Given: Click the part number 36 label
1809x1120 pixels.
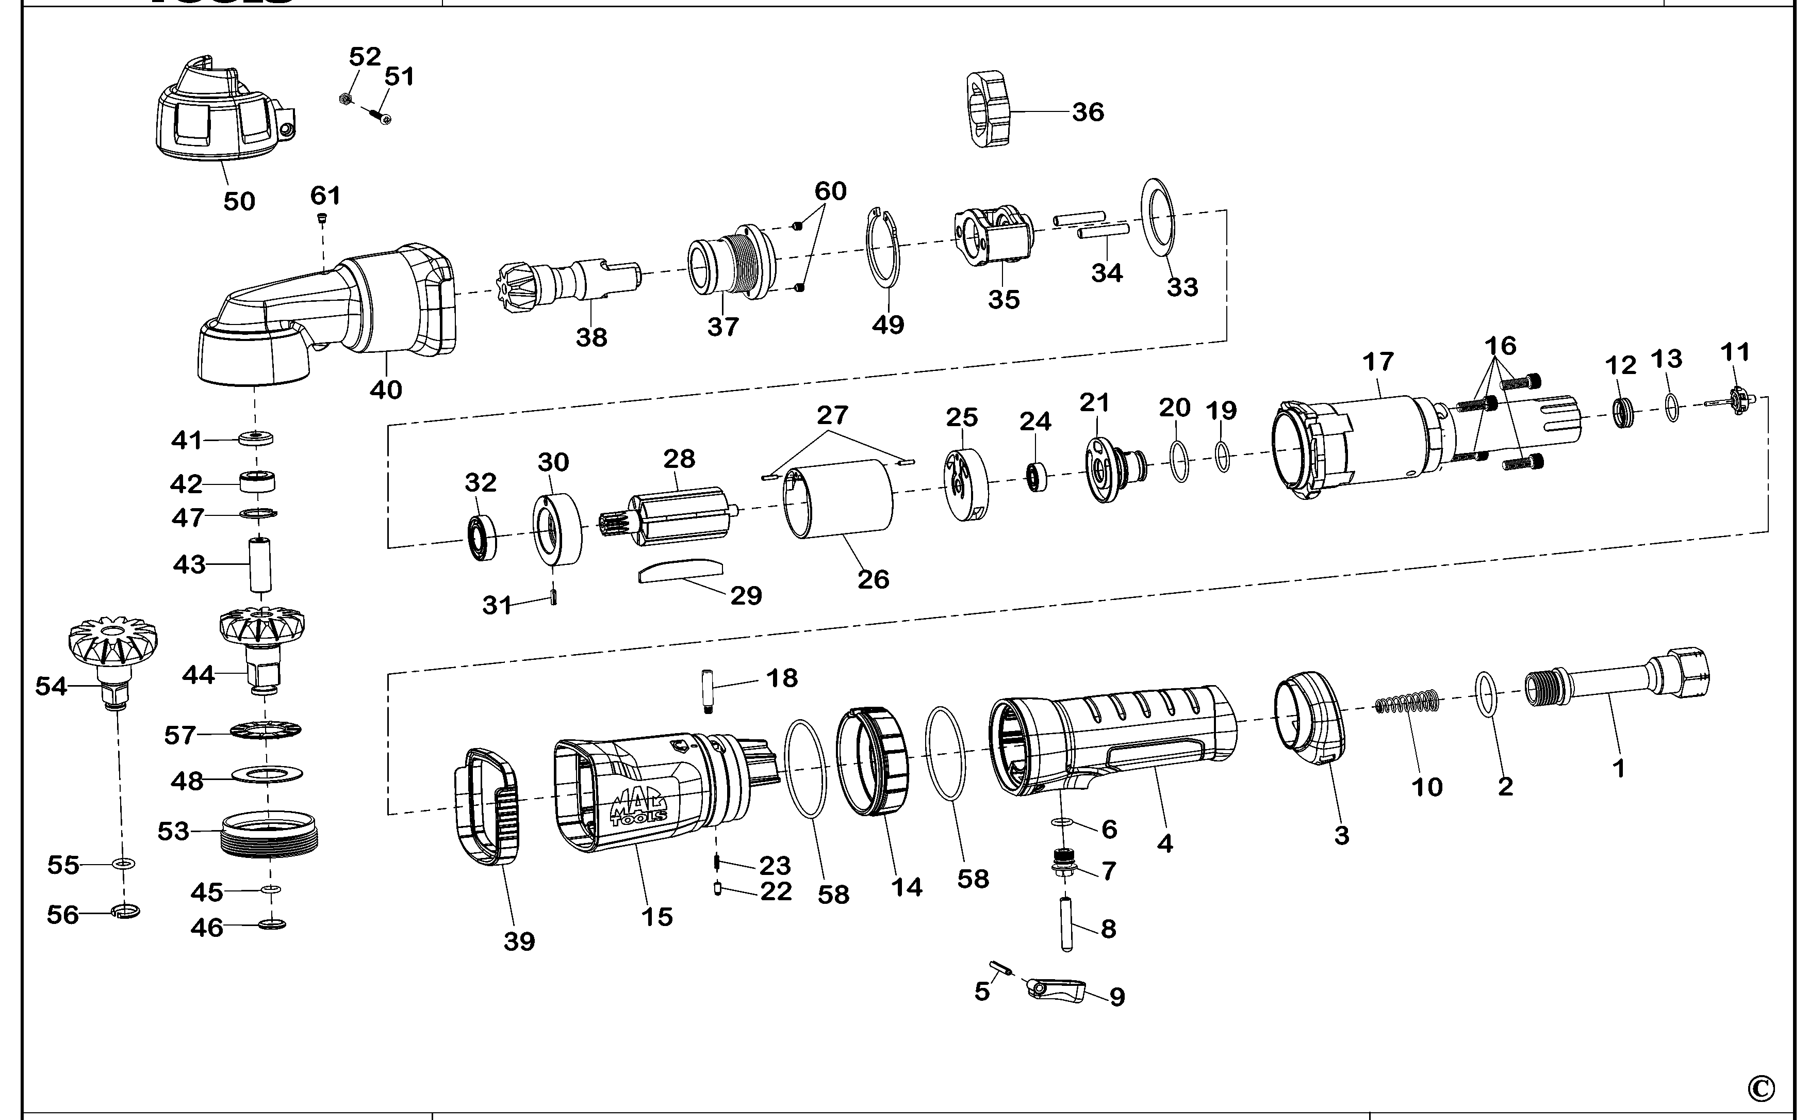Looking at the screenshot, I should pos(1088,112).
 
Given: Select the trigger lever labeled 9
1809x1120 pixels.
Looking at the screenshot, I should pos(1058,991).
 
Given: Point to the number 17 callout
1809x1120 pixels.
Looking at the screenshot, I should pos(1378,362).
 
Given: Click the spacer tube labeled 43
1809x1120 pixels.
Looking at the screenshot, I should pos(260,564).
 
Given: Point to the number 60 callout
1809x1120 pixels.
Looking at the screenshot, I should pos(830,191).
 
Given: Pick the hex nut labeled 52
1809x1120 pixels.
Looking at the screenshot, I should pos(345,98).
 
